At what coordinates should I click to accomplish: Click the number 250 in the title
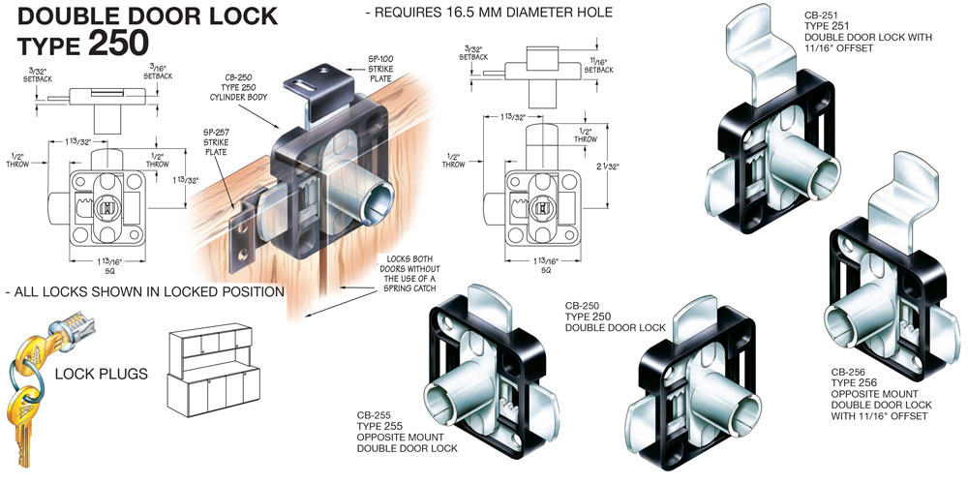point(118,43)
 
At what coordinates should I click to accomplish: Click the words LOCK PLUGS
point(102,373)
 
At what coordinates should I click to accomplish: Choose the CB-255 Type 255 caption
point(397,431)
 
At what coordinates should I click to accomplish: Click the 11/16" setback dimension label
point(599,65)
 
